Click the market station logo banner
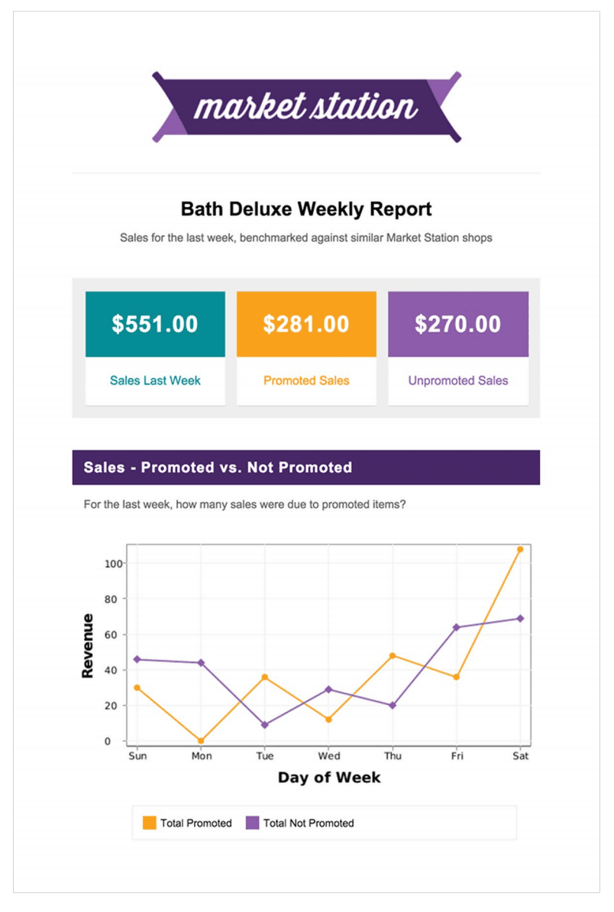coord(306,107)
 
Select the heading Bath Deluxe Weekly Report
coord(306,209)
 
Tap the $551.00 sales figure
coord(155,324)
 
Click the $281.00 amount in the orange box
coord(306,324)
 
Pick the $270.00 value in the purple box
coord(458,324)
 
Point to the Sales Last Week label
coord(155,380)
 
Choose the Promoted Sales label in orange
coord(306,380)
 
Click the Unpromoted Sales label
coord(458,380)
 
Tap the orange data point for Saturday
coord(520,549)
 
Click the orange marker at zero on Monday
coord(201,741)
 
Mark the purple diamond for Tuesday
coord(264,725)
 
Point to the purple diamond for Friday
coord(456,627)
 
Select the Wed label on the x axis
coord(328,756)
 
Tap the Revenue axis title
coord(88,645)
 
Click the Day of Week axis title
coord(328,778)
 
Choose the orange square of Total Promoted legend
coord(150,823)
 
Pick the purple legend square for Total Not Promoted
coord(252,823)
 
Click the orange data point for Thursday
coord(393,655)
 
